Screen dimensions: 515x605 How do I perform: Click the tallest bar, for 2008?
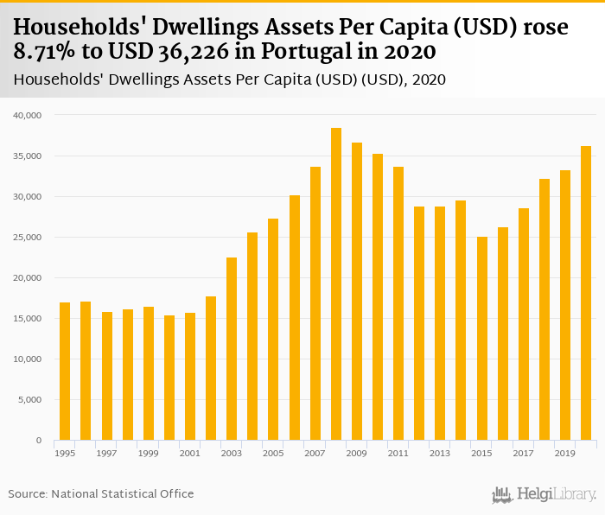(x=336, y=284)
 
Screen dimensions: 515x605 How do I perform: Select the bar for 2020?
(x=586, y=293)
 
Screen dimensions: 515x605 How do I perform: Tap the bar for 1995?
(x=65, y=372)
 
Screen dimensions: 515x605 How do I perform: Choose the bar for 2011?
(x=398, y=303)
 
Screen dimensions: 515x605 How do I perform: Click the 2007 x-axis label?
(x=315, y=453)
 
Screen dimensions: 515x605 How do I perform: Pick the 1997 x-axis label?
(x=107, y=453)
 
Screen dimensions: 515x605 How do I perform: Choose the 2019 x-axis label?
(x=565, y=453)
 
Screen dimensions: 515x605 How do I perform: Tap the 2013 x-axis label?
(x=440, y=453)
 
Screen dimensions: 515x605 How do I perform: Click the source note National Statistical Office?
(x=122, y=493)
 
